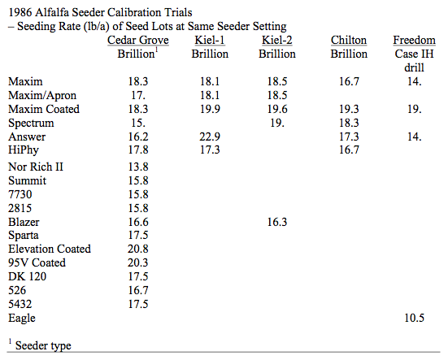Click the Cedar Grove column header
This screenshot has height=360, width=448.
pos(138,41)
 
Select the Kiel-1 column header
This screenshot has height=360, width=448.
pos(210,41)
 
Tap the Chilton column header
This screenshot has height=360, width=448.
pos(349,41)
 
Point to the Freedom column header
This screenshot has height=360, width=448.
pos(415,41)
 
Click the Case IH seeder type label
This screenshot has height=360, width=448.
pos(415,54)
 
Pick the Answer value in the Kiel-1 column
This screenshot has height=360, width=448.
pos(210,137)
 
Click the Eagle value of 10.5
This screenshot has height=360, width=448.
pos(415,318)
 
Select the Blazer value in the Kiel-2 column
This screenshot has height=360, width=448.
pos(277,222)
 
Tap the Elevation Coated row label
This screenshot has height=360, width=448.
pos(50,249)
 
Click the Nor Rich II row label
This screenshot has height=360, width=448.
pos(36,167)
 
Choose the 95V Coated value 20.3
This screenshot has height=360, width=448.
pos(138,262)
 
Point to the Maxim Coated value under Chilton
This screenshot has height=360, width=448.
pos(349,109)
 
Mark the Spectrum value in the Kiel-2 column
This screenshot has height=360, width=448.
pos(277,123)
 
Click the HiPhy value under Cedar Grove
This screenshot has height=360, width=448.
pos(138,150)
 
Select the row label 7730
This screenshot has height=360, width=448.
pos(20,194)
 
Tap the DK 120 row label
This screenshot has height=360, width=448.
pos(27,276)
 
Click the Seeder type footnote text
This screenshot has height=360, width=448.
pos(43,345)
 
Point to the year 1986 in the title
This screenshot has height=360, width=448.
pos(20,12)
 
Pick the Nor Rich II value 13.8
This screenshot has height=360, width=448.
pos(138,167)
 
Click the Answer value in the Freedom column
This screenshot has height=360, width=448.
pos(415,137)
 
